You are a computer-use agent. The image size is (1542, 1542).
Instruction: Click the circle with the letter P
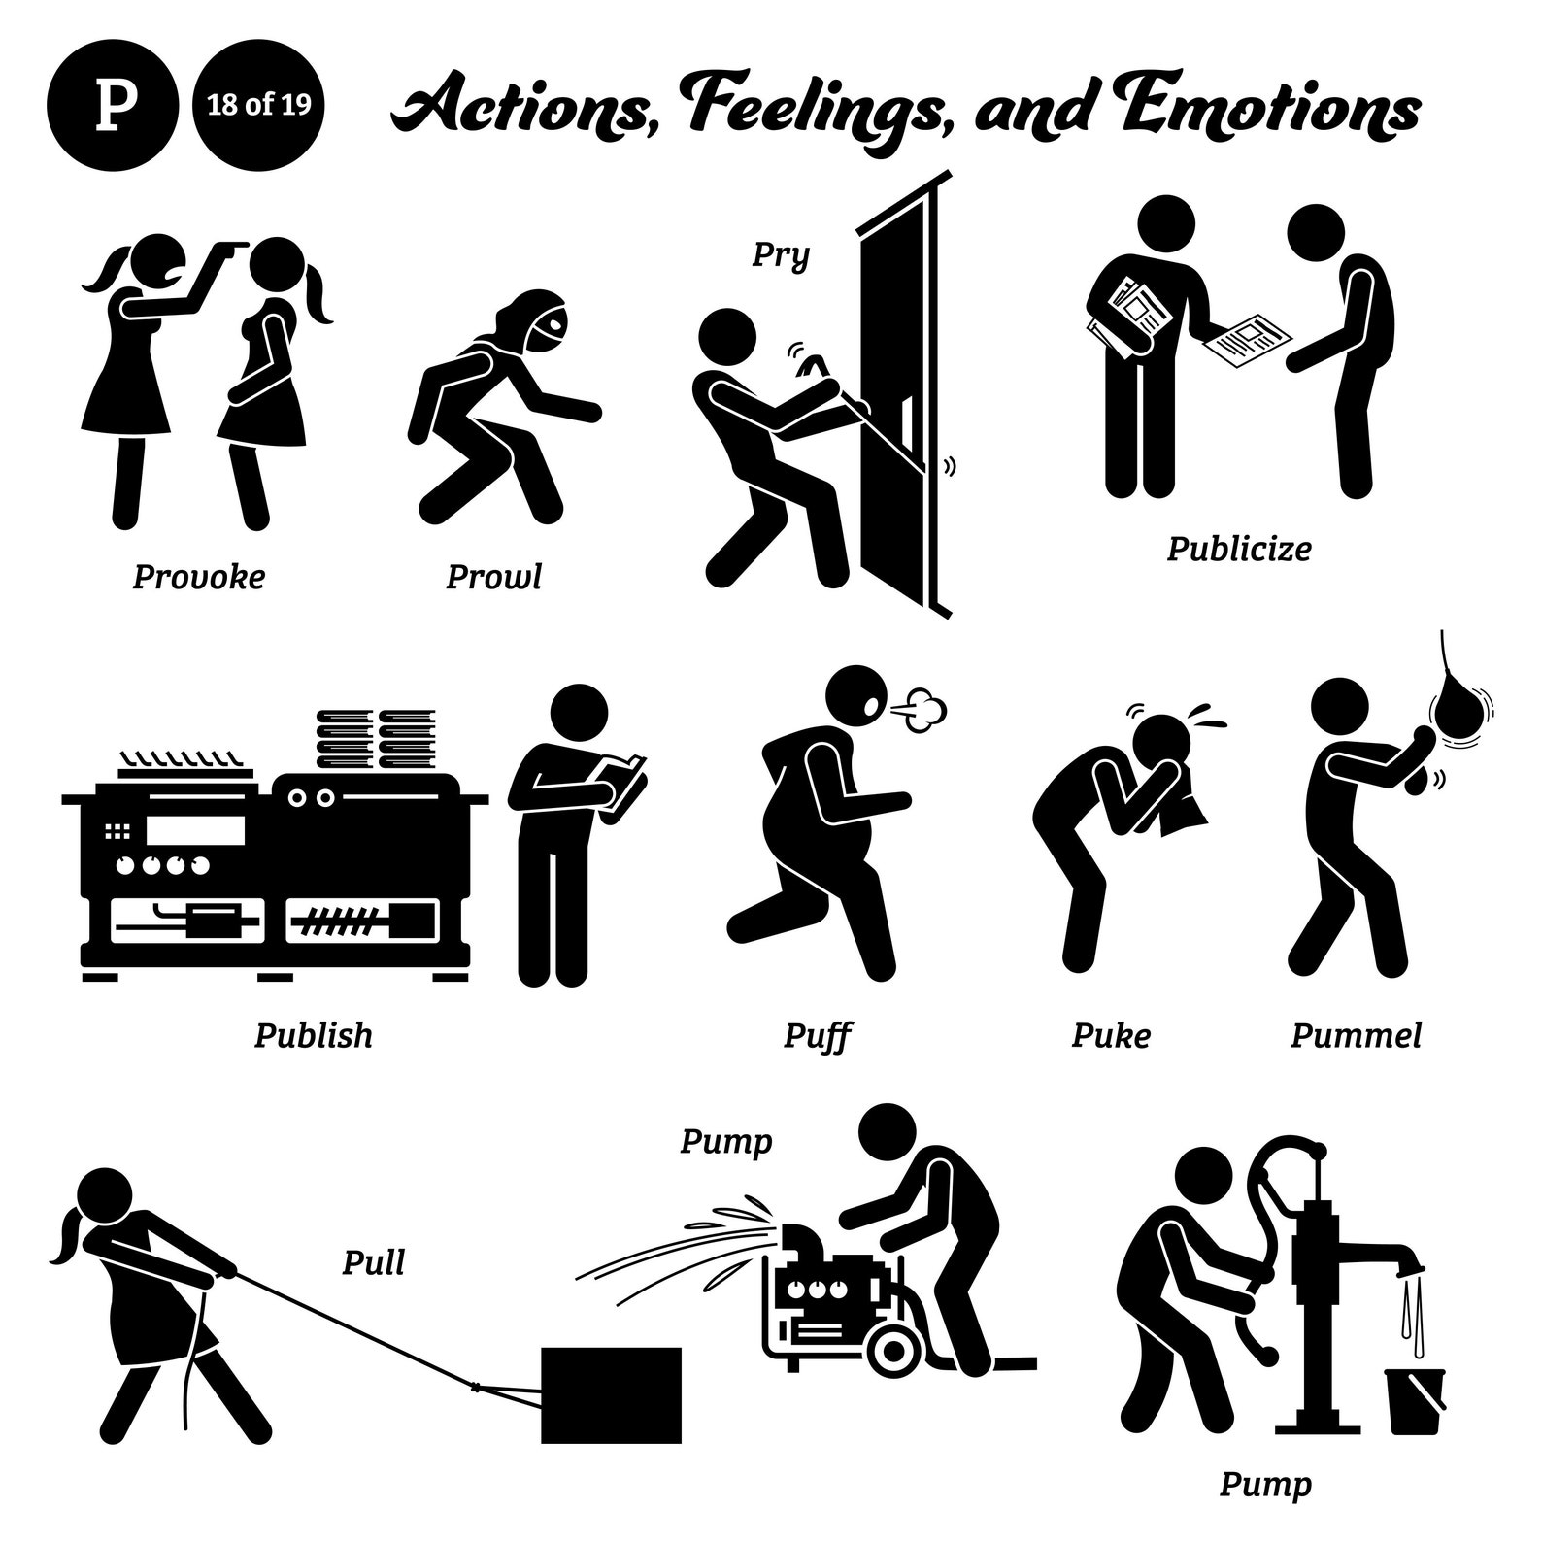coord(113,104)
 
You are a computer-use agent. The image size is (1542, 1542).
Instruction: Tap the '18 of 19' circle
coord(258,104)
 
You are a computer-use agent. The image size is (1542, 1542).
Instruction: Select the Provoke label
coord(198,577)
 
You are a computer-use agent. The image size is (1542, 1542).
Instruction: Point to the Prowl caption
coord(493,577)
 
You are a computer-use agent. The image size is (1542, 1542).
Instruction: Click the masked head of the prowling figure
coord(536,321)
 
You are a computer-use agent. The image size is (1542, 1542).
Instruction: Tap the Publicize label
coord(1238,549)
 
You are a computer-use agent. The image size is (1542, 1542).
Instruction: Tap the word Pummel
coord(1356,1035)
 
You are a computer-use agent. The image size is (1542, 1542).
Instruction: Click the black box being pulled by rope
coord(610,1394)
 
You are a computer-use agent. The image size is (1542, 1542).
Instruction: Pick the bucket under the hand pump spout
coord(1416,1400)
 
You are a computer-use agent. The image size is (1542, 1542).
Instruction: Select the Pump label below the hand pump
coord(1264,1484)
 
